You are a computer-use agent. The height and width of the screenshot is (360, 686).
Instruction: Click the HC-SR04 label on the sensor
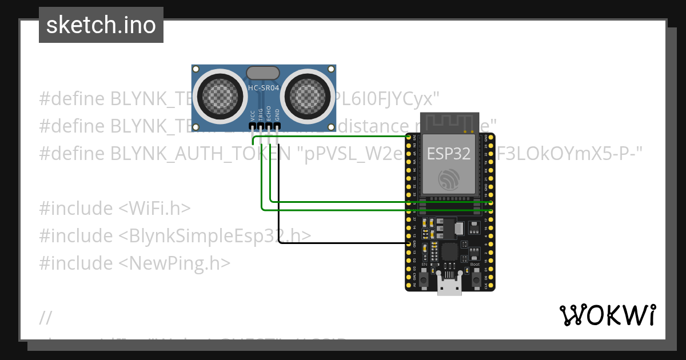click(x=263, y=88)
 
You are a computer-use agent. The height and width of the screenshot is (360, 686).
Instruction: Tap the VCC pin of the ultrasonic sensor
click(x=253, y=126)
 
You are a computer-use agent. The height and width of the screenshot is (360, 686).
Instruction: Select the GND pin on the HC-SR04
click(x=277, y=126)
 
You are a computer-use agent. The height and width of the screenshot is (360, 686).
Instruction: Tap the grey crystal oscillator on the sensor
click(x=263, y=73)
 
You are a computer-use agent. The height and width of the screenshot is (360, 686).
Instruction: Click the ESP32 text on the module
click(x=449, y=153)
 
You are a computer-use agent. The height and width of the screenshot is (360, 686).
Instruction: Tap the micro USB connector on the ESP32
click(x=450, y=284)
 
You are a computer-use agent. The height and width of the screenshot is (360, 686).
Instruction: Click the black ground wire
click(x=343, y=243)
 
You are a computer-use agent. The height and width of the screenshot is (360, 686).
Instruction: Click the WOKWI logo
click(x=607, y=315)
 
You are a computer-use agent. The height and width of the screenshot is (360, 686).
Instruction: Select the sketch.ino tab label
click(x=101, y=25)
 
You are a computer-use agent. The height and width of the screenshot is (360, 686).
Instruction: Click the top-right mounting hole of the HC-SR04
click(x=330, y=69)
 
